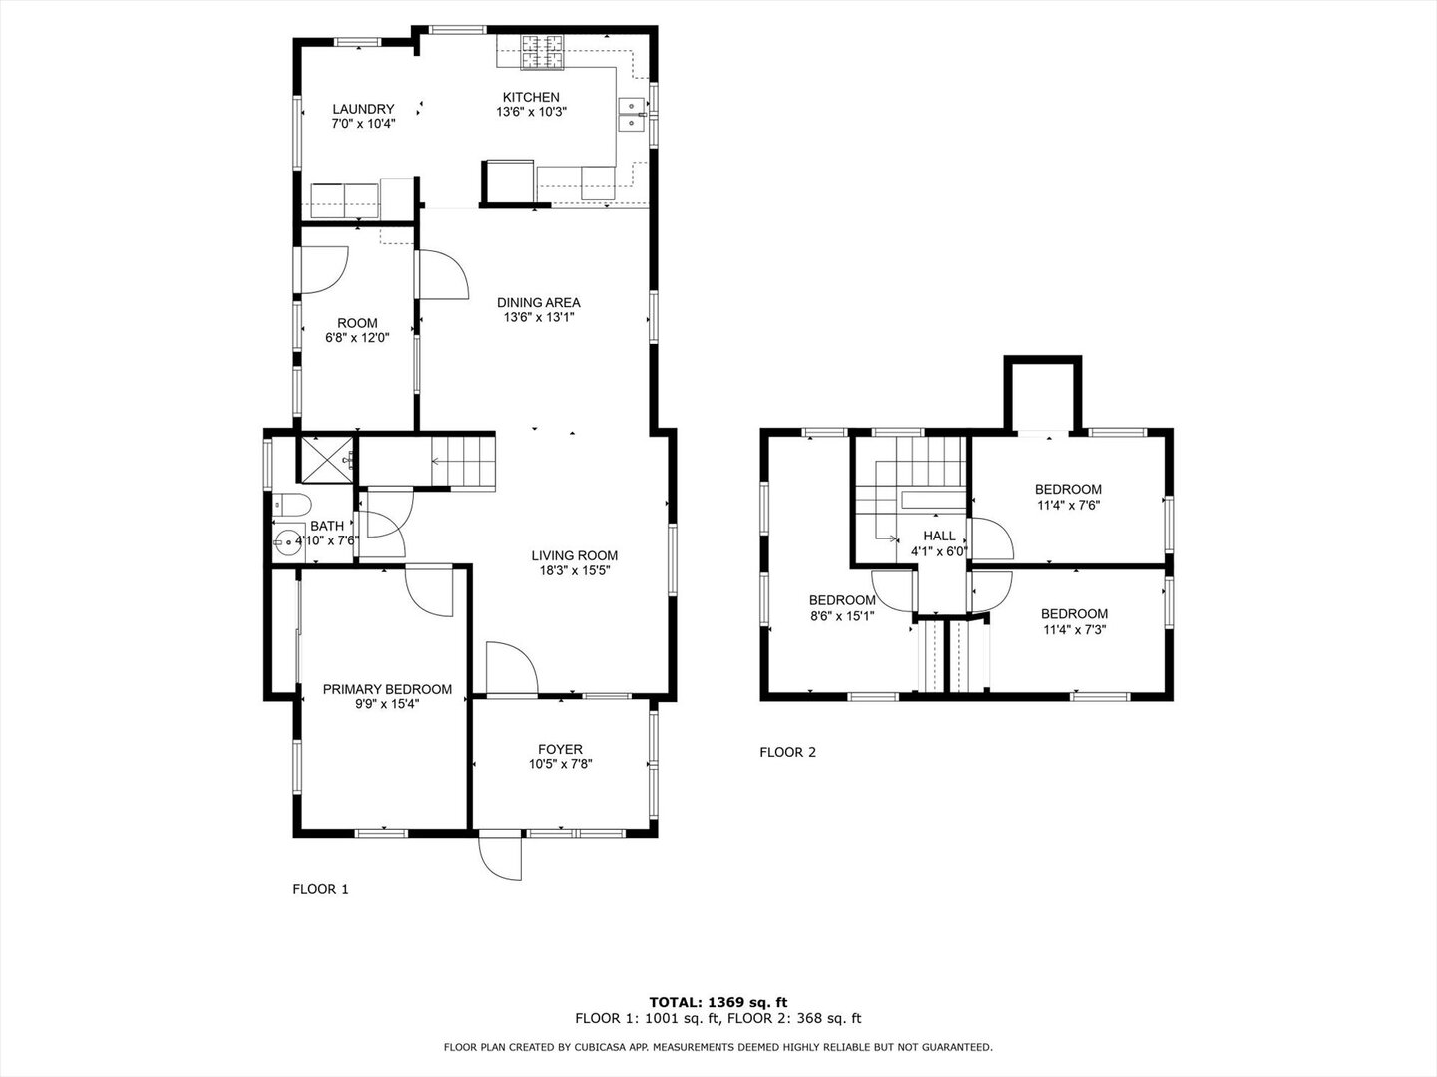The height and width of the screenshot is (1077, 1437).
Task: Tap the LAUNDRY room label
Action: click(363, 109)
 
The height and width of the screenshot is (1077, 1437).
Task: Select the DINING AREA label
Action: click(539, 303)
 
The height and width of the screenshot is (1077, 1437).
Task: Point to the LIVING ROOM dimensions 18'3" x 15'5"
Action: click(574, 571)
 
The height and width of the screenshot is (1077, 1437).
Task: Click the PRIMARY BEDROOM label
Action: click(387, 689)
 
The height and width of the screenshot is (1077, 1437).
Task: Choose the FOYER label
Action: click(560, 749)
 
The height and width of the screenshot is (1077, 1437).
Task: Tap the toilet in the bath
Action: click(291, 503)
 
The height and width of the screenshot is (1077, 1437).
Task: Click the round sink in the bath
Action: click(288, 542)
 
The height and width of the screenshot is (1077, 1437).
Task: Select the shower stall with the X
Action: click(326, 458)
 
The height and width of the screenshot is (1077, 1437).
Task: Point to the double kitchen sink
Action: click(632, 115)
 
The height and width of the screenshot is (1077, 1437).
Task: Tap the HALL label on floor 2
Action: click(939, 537)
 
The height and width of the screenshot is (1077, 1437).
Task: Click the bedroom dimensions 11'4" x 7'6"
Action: click(1068, 505)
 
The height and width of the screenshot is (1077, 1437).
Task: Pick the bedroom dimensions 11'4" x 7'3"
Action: click(1074, 630)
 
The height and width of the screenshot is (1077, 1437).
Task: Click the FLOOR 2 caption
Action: click(788, 752)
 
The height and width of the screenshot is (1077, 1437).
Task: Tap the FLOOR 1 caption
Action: click(320, 889)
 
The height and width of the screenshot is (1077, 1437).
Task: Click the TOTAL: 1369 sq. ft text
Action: click(718, 1002)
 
